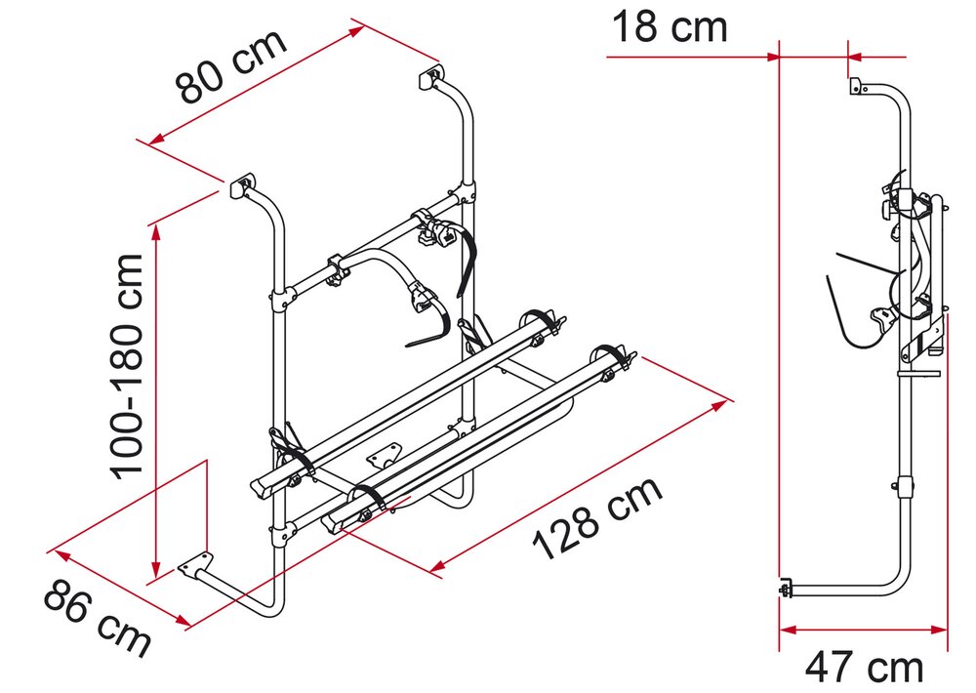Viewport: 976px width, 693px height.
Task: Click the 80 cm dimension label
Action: [231, 66]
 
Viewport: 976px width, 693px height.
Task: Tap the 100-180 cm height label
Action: [127, 367]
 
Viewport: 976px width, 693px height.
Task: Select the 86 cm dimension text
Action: [97, 617]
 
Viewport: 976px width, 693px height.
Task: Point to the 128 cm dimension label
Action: [598, 518]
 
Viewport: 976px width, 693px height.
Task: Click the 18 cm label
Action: [670, 27]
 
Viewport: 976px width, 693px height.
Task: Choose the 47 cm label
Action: [864, 668]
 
